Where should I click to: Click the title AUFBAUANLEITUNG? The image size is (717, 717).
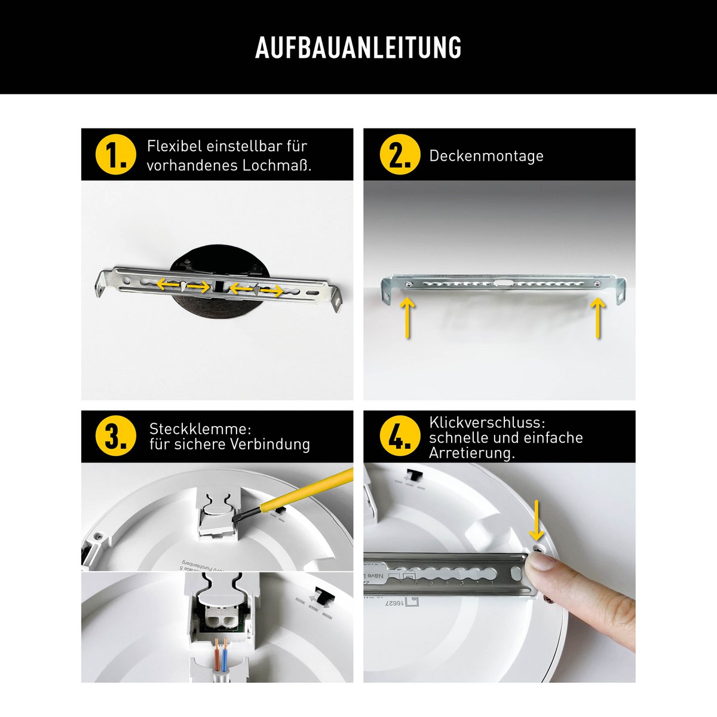(358, 48)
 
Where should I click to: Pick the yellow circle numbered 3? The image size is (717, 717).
(116, 437)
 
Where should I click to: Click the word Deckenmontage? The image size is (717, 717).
(486, 156)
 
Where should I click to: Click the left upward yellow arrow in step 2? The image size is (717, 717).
(407, 317)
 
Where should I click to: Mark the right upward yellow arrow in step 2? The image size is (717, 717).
(598, 317)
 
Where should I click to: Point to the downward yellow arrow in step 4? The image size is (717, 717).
(537, 519)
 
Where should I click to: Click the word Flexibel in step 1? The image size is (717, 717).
(174, 146)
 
